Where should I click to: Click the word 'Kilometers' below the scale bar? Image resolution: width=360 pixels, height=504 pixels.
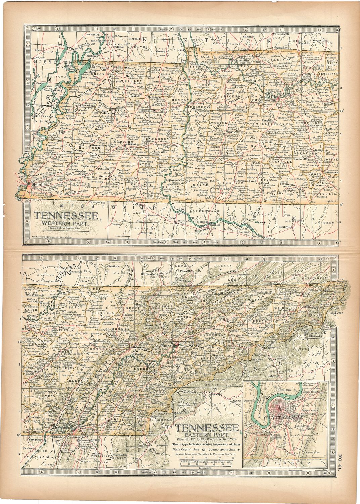[x=206, y=468]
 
